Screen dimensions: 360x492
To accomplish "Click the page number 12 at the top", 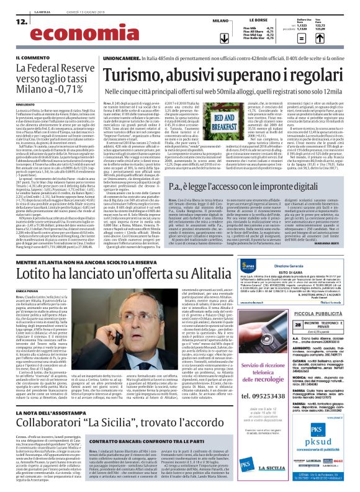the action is click(20, 22).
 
